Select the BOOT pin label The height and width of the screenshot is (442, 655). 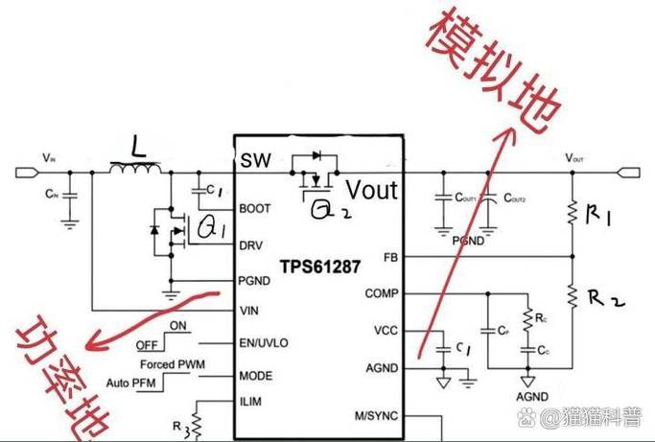point(255,208)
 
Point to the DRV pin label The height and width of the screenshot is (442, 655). point(251,244)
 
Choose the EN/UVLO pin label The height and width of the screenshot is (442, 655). point(263,342)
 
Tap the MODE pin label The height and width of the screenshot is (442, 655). point(255,375)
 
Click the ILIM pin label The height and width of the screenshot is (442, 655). point(251,401)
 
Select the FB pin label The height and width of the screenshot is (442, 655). point(389,258)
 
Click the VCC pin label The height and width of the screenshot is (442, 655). point(386,331)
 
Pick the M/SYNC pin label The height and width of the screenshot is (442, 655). point(376,415)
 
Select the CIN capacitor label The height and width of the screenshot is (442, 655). point(51,193)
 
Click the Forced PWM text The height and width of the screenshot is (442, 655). point(170,365)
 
